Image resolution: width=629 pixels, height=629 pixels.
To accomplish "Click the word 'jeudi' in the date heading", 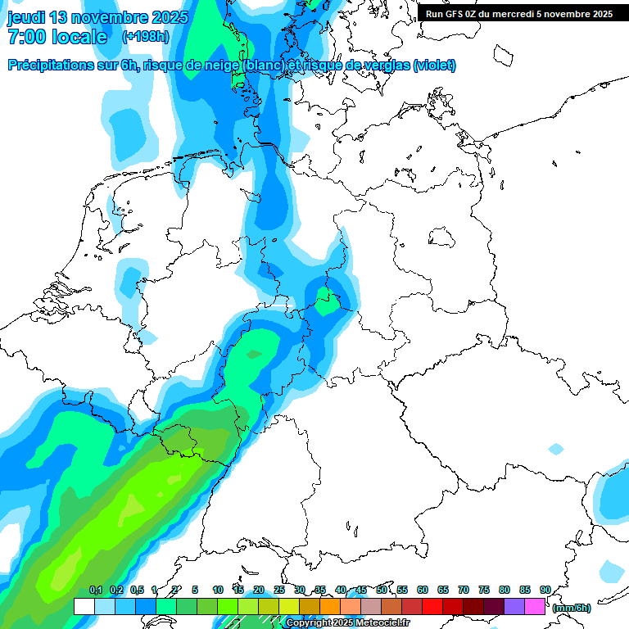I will [x=26, y=17].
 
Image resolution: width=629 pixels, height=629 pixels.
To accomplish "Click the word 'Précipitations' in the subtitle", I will [x=50, y=66].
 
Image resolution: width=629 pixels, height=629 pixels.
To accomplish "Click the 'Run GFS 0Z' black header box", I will [x=518, y=13].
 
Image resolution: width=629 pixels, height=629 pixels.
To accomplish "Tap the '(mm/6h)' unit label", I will [x=571, y=608].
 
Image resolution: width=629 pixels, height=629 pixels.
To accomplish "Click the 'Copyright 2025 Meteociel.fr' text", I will [x=347, y=623].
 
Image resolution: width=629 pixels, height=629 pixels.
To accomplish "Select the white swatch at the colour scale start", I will [x=84, y=606].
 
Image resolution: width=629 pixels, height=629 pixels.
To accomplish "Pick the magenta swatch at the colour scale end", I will [x=535, y=606].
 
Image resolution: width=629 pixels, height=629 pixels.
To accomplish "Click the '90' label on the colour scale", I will [x=545, y=590].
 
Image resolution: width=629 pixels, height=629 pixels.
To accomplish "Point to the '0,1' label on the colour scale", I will [x=95, y=590].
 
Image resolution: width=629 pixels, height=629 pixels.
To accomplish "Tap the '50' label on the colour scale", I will [x=382, y=590].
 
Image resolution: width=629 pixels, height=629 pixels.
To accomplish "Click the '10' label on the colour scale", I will [x=218, y=590].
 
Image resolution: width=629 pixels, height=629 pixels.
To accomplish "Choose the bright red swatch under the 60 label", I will [x=432, y=606].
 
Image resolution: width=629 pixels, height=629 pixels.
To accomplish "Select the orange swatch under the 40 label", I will [x=351, y=606].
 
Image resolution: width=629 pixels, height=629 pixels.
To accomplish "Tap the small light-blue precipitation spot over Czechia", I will [x=556, y=449].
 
